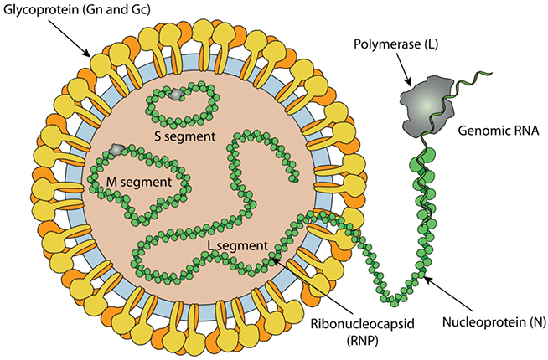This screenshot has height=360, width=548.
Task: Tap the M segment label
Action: pos(140,179)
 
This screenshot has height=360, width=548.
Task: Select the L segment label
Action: pos(237,246)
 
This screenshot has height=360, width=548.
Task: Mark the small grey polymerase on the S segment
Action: pos(175,96)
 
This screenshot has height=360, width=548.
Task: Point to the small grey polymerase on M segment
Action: pos(118,149)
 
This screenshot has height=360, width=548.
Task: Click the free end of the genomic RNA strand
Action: pos(484,72)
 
